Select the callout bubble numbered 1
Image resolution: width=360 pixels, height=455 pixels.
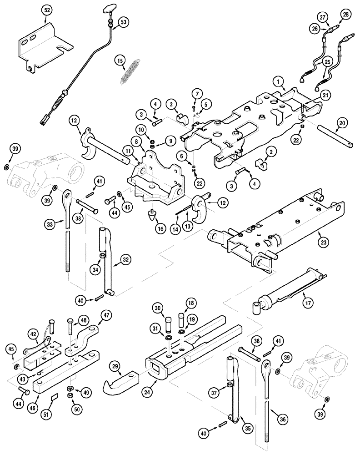(x=276, y=81)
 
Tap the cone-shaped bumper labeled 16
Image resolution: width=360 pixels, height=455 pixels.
(x=151, y=214)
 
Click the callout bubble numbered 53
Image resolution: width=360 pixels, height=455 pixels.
(x=124, y=22)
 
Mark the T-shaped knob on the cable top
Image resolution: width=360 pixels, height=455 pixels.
(x=110, y=7)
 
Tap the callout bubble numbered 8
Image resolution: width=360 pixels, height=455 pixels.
(x=136, y=142)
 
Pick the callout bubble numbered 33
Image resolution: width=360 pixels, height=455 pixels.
(x=51, y=223)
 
